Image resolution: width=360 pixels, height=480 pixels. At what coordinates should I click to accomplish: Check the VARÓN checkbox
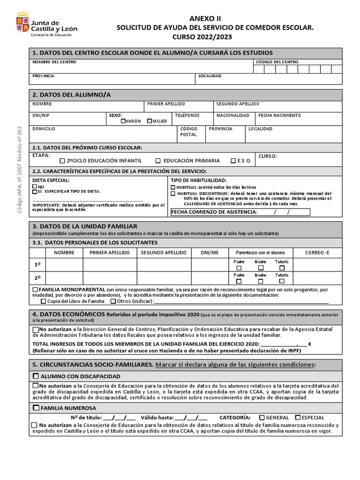[x=123, y=121]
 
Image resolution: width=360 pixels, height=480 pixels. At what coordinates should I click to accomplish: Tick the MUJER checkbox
[x=149, y=121]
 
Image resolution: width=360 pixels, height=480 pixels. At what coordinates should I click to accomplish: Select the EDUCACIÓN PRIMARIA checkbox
[x=158, y=161]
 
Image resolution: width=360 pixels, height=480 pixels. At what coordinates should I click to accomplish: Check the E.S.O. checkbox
[x=233, y=161]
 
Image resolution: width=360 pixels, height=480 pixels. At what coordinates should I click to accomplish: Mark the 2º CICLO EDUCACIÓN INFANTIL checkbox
[x=62, y=161]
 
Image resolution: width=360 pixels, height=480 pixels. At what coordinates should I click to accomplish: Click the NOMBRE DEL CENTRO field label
[x=54, y=62]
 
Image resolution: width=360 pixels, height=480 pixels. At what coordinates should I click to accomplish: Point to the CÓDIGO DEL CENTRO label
[x=277, y=62]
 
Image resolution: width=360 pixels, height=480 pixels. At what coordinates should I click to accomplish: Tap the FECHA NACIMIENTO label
[x=280, y=115]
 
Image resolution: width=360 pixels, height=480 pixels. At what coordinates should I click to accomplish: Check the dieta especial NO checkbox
[x=35, y=187]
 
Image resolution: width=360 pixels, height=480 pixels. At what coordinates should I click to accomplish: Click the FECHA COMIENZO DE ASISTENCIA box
[x=240, y=212]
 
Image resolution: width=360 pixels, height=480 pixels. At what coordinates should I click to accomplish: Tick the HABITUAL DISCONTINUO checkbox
[x=173, y=193]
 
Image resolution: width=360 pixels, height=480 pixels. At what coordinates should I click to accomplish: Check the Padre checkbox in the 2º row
[x=239, y=282]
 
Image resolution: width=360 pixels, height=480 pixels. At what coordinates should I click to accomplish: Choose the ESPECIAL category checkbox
[x=298, y=417]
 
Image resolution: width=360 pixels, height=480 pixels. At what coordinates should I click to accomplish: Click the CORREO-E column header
[x=317, y=253]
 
